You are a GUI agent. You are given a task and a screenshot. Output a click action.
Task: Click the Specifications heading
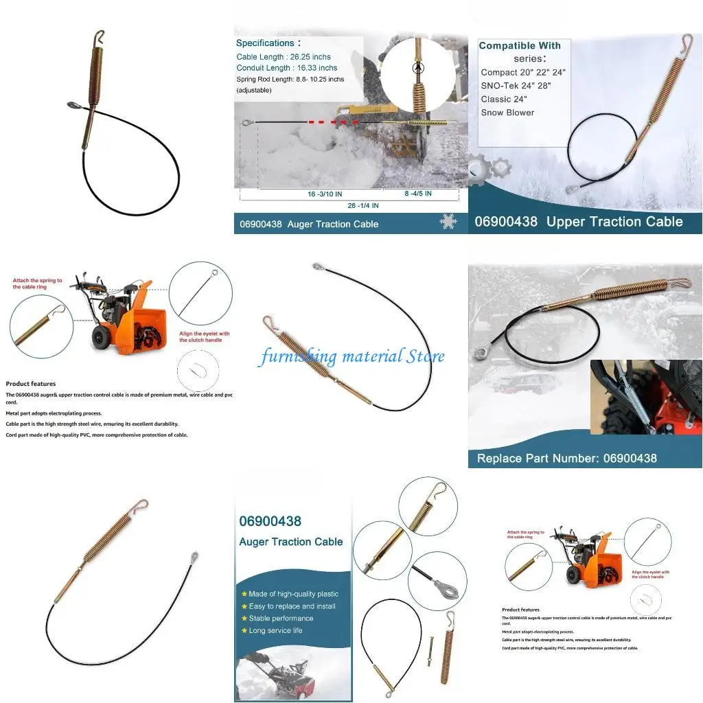(x=265, y=43)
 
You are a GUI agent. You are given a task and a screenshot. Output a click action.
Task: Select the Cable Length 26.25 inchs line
(x=284, y=57)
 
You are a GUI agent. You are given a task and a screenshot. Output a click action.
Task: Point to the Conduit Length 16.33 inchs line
(x=287, y=68)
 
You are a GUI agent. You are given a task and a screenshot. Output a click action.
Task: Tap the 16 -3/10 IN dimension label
(x=325, y=194)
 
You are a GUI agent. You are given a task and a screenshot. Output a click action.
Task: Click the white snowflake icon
(x=448, y=222)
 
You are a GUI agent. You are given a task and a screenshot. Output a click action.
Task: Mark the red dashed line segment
(x=327, y=123)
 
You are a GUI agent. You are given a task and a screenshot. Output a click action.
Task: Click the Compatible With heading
(x=520, y=46)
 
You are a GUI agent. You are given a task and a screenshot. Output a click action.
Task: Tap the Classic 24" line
(x=504, y=100)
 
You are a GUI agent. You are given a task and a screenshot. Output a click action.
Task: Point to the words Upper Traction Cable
(x=614, y=222)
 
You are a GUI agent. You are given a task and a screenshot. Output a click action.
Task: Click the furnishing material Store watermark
(x=351, y=356)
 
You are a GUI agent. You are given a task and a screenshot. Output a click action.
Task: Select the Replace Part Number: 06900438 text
(x=567, y=458)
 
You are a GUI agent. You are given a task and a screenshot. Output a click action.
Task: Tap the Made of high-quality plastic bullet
(x=293, y=594)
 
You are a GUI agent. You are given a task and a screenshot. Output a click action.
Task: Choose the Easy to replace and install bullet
(x=292, y=606)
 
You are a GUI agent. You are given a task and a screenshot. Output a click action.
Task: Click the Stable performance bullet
(x=281, y=619)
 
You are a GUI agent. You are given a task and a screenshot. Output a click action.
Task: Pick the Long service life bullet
(x=275, y=630)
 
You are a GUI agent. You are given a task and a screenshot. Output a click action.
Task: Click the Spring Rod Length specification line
(x=290, y=80)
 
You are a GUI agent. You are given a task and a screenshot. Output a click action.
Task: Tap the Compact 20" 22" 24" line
(x=523, y=73)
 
